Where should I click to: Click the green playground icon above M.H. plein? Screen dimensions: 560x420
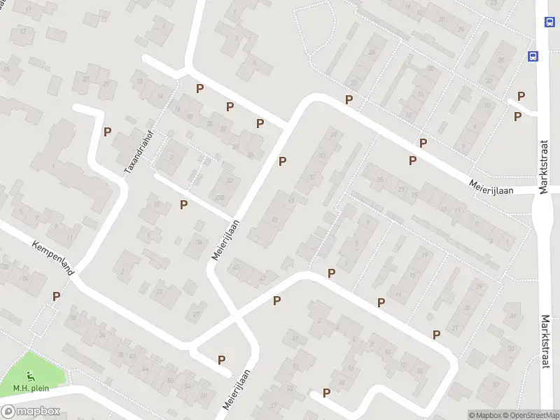pyautogui.click(x=29, y=376)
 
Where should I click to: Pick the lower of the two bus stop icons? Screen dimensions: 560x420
pyautogui.click(x=533, y=56)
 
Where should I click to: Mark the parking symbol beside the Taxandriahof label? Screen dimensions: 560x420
pyautogui.click(x=108, y=132)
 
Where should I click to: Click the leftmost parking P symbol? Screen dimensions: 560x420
pyautogui.click(x=56, y=296)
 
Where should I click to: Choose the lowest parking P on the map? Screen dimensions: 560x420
pyautogui.click(x=326, y=393)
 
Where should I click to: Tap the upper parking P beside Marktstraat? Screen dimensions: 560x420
pyautogui.click(x=521, y=96)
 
